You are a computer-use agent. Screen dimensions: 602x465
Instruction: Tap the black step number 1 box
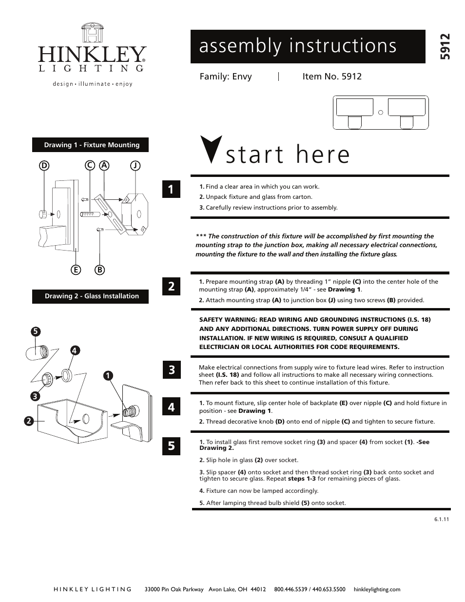point(171,189)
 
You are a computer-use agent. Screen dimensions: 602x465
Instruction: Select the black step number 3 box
point(171,370)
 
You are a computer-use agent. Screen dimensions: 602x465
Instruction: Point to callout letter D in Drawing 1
point(44,166)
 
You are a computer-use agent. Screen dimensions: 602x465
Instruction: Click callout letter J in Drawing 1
point(135,166)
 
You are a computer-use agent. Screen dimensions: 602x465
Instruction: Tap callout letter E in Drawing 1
point(75,270)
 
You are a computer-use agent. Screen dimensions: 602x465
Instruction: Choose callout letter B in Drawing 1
point(100,270)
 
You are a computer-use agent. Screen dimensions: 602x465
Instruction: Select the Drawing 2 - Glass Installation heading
point(91,296)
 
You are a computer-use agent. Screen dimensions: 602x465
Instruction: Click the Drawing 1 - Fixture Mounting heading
point(91,145)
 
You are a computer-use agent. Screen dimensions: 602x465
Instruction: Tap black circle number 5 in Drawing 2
point(35,331)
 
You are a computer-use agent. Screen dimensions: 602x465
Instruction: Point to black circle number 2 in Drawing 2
point(29,420)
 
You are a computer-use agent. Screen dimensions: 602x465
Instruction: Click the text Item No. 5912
point(331,77)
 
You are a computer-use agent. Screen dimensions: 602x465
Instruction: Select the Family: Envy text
point(226,77)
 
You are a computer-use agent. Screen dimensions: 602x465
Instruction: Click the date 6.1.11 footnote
point(441,519)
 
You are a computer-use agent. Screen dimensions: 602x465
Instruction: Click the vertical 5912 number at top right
point(445,46)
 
